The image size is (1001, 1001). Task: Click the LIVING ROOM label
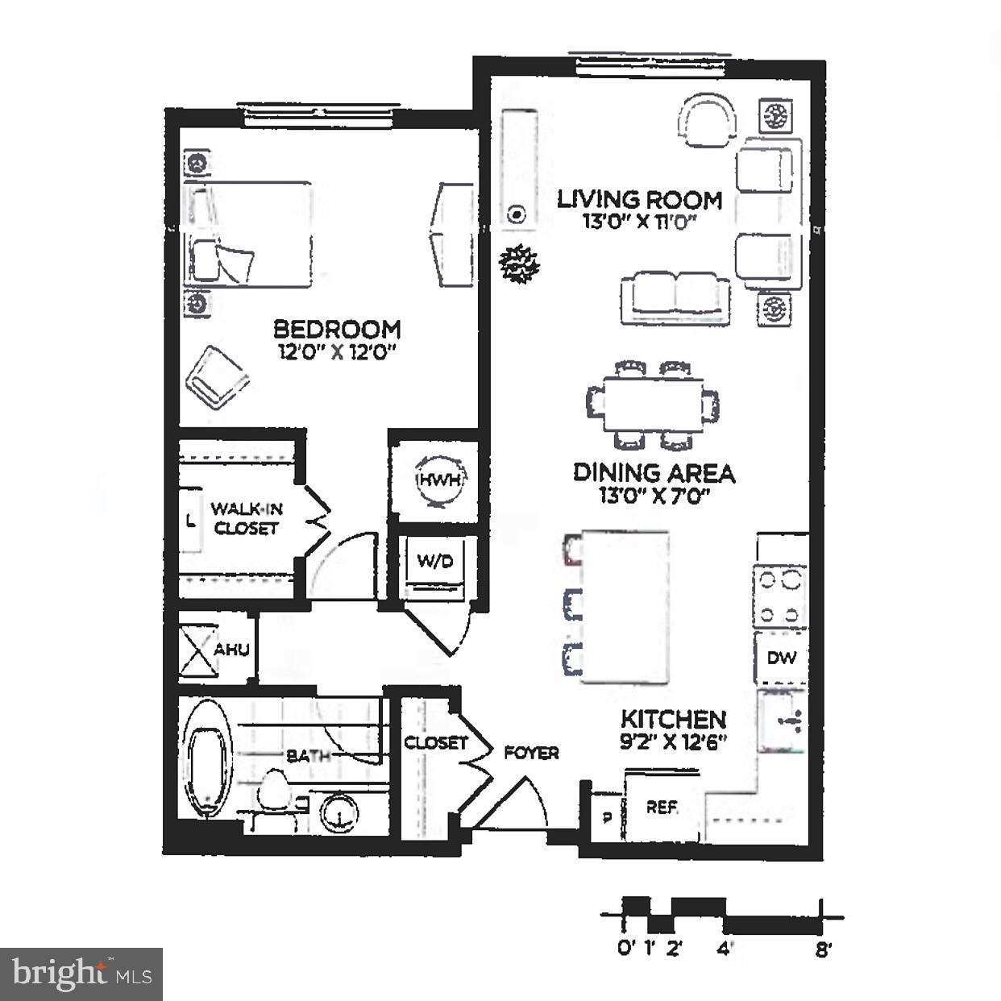pos(639,198)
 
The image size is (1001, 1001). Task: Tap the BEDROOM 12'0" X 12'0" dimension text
pos(337,351)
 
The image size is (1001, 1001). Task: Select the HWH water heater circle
pos(439,480)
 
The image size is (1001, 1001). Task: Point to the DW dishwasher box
pos(781,658)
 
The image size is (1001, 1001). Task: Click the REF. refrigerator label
pos(662,807)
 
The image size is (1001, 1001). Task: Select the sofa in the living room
pos(675,297)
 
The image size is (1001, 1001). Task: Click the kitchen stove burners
pos(780,596)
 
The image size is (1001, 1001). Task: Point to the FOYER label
pos(531,753)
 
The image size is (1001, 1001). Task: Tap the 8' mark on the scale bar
pos(821,949)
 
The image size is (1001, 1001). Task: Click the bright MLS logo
pos(81,974)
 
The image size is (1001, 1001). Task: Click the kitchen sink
pos(779,721)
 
